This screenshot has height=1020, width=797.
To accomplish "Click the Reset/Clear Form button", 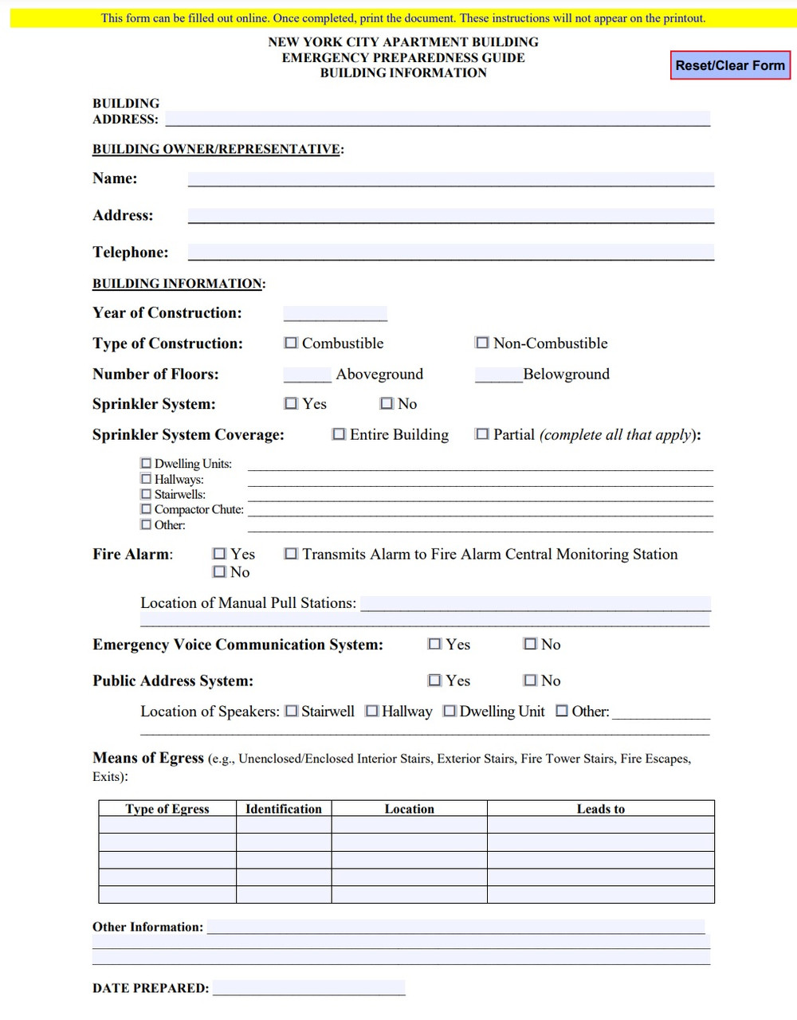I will point(730,65).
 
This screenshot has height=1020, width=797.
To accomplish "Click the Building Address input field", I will point(437,119).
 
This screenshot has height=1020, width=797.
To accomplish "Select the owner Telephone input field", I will point(450,252).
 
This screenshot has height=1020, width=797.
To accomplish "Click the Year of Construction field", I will point(335,313).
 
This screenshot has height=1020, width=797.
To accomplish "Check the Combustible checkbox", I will point(291,343).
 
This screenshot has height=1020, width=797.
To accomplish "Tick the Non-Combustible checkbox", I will point(482,343).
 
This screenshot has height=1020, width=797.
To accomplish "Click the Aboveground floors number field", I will point(307,375).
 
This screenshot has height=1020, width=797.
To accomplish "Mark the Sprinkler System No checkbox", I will point(387,403).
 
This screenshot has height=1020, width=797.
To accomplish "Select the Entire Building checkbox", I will point(339,434).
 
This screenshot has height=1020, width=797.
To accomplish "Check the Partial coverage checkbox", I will point(482,434).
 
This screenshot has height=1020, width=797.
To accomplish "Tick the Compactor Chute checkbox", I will point(146,509).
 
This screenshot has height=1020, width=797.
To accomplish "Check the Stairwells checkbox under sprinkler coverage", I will point(146,494).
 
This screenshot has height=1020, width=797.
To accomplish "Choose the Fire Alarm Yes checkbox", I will point(219,553).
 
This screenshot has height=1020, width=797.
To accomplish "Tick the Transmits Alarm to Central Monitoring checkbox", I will point(291,553).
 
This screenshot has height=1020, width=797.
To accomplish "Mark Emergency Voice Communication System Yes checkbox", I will point(434,644).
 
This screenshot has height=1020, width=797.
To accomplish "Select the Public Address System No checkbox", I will point(530,681).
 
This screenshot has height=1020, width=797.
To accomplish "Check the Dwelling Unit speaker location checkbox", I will point(450,711).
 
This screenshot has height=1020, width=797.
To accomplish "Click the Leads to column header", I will point(600,809).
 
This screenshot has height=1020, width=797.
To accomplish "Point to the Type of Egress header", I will point(167,809).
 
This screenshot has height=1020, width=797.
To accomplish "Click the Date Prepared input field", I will point(308,988).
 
